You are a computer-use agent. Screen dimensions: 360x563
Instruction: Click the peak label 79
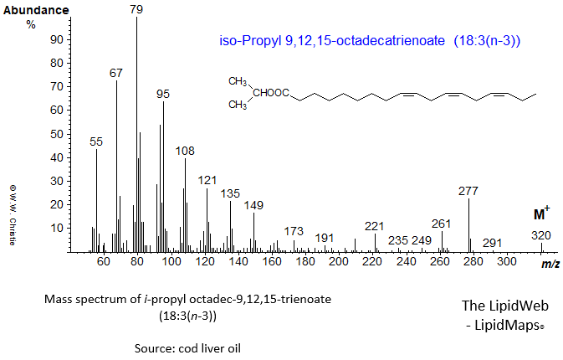point(136,8)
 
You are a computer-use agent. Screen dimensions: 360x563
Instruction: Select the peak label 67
point(116,73)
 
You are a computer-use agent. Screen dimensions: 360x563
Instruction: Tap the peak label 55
point(96,142)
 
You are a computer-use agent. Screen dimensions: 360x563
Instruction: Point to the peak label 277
point(468,191)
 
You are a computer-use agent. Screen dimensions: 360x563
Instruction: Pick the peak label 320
point(541,236)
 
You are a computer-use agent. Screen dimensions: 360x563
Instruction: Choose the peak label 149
point(253,205)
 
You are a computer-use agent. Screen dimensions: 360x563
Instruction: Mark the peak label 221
point(375,226)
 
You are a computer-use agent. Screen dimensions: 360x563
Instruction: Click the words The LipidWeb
point(502,306)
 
